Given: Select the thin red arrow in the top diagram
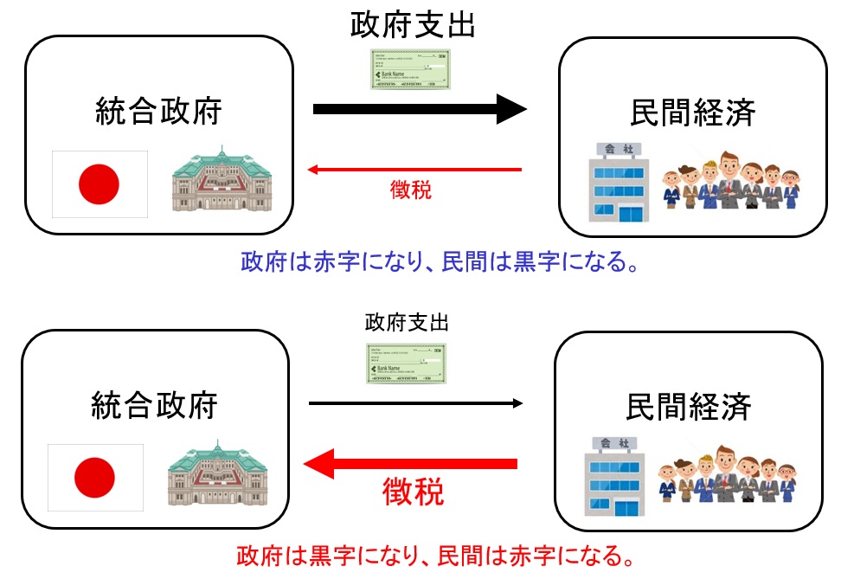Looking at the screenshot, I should (415, 170).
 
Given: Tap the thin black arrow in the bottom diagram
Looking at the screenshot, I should (415, 403).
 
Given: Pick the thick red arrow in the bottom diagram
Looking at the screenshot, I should (410, 465).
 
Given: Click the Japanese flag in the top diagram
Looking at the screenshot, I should (100, 183).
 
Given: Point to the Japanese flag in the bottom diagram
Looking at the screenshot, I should (94, 475).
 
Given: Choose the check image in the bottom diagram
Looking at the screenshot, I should (407, 363).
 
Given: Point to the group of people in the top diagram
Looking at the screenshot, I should (730, 182).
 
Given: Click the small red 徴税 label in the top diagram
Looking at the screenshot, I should (411, 190).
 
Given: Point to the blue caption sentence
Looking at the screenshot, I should (440, 260).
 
